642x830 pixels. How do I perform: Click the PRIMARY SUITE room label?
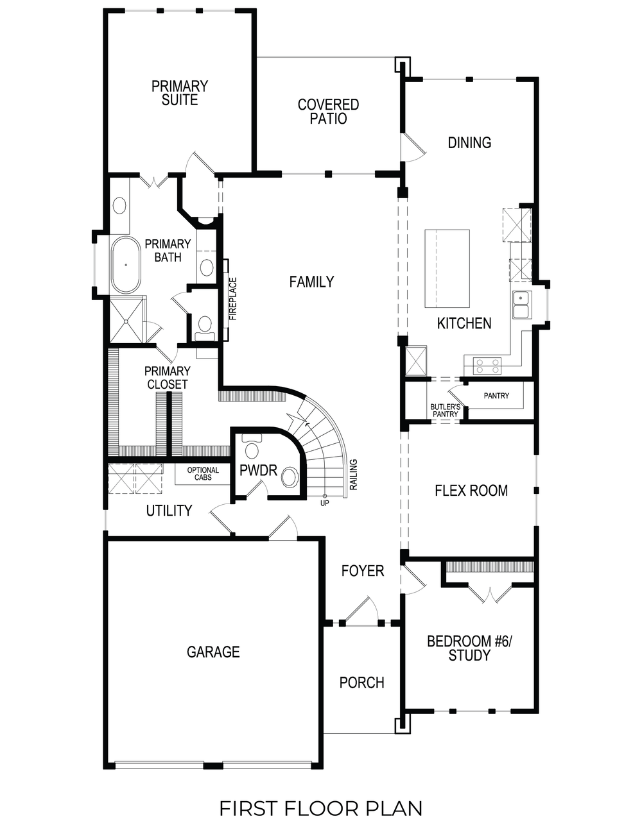[x=180, y=93]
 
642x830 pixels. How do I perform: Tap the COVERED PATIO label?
[x=328, y=112]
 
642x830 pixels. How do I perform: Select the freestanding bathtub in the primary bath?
[x=126, y=265]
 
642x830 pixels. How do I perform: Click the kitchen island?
[x=447, y=268]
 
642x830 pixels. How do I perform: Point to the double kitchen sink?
[x=521, y=305]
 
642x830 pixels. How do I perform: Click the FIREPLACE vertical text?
[x=233, y=299]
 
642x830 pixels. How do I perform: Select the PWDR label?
[x=258, y=471]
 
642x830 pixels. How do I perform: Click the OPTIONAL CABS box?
[x=203, y=474]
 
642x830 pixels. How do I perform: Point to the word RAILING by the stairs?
[x=353, y=475]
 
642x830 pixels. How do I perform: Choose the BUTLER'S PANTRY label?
[x=445, y=411]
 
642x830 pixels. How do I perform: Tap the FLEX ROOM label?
[x=471, y=491]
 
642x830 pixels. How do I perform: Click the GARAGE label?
[x=213, y=652]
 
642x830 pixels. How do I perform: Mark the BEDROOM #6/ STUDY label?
[x=469, y=648]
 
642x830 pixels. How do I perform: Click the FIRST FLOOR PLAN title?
[x=321, y=808]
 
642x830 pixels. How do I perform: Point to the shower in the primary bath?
[x=126, y=321]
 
